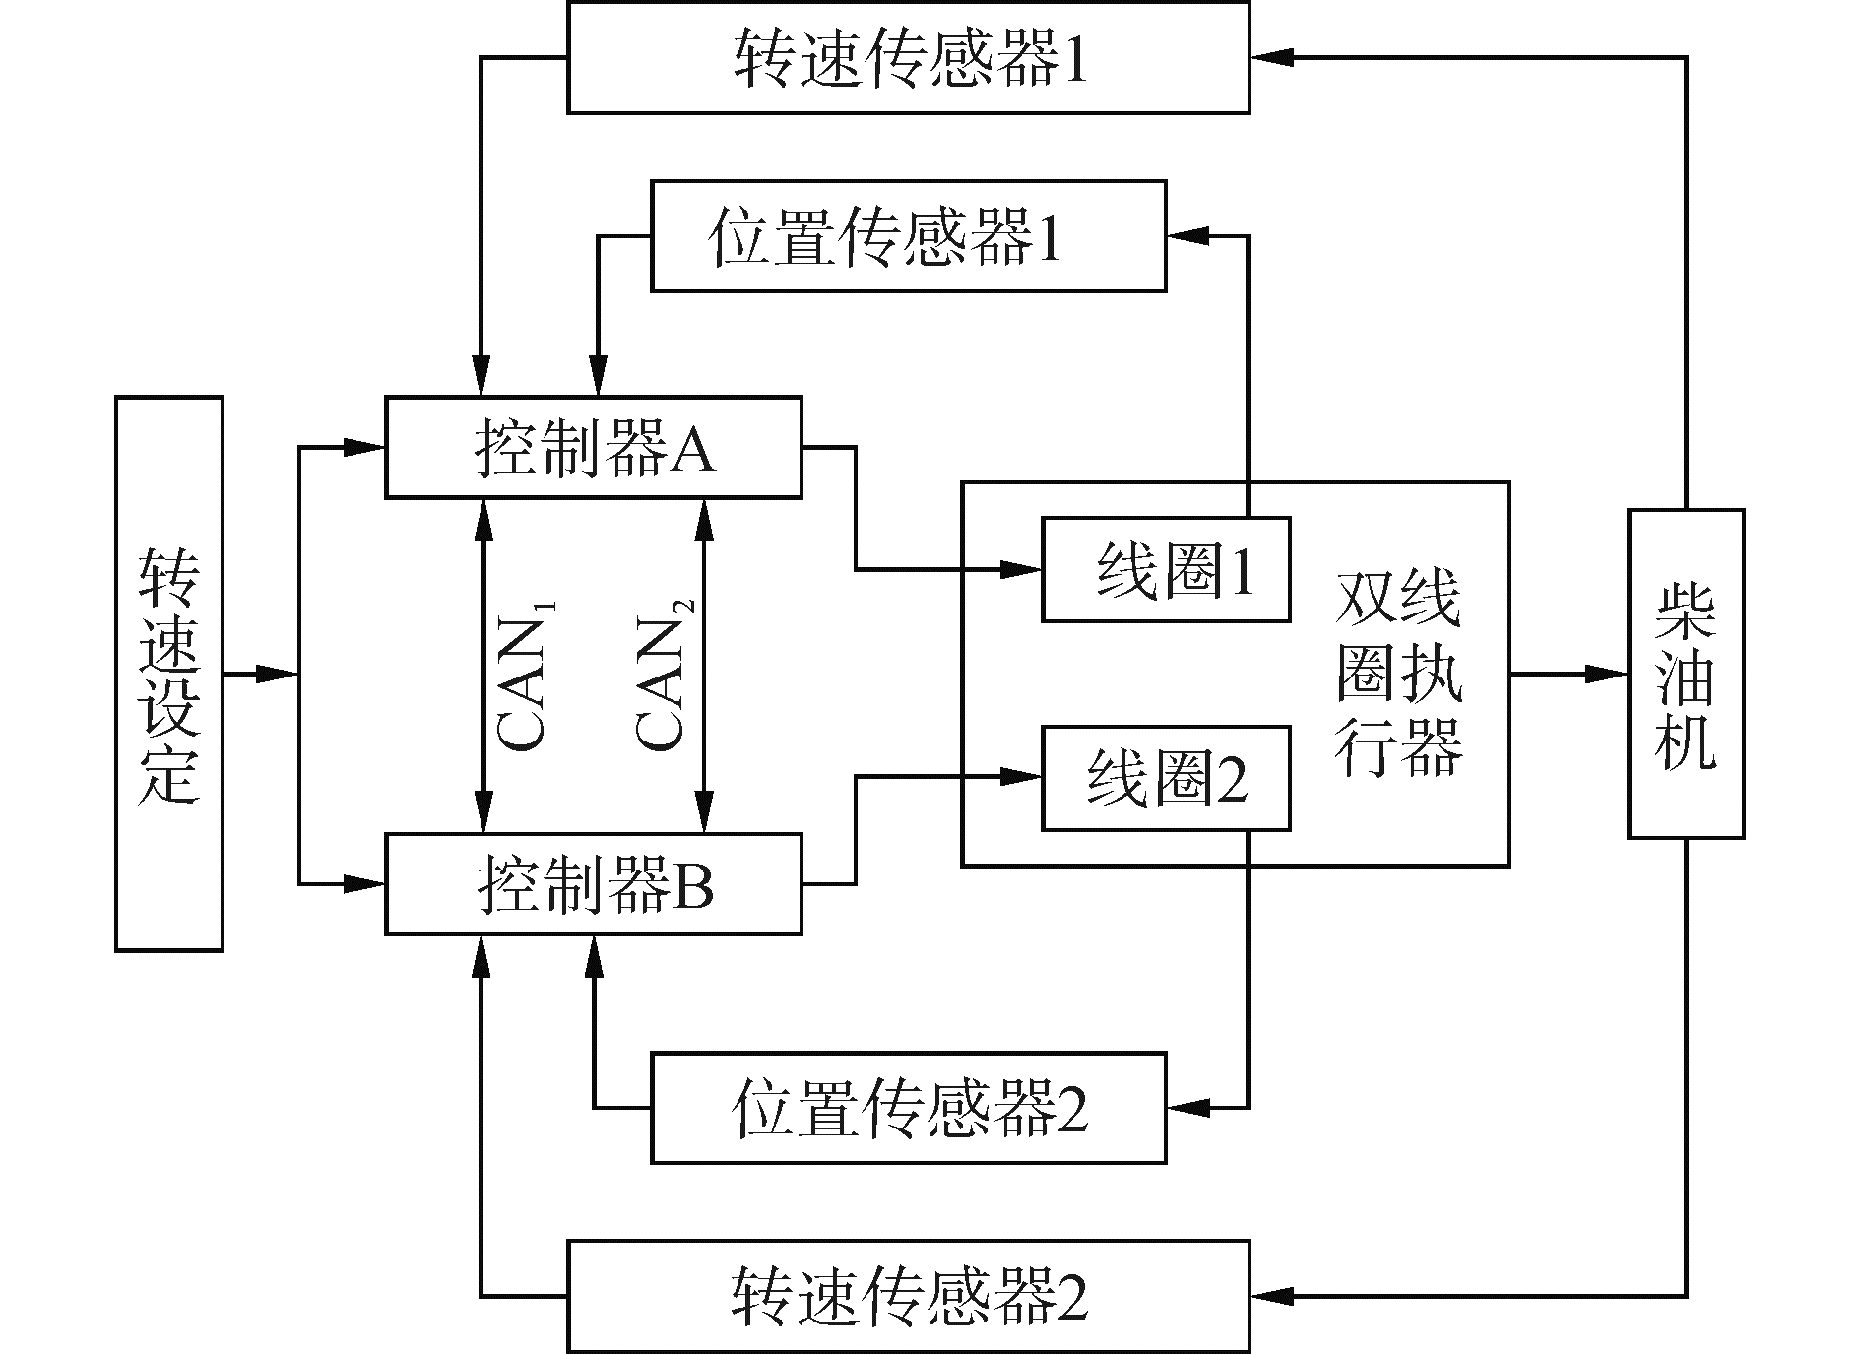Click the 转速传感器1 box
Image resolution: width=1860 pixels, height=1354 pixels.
[908, 58]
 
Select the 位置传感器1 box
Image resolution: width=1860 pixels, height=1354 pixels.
[908, 236]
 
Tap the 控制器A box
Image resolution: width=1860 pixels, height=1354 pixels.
[593, 448]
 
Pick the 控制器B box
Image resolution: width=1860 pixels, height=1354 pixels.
[593, 884]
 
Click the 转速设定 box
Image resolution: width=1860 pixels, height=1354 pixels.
[169, 674]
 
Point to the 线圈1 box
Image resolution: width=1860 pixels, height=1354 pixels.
[1166, 570]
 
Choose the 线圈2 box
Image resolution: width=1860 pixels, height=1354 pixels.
[1166, 778]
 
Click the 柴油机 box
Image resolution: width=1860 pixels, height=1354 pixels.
[1686, 674]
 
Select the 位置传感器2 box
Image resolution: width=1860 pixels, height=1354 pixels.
[908, 1108]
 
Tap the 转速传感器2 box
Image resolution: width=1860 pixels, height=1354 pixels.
[908, 1295]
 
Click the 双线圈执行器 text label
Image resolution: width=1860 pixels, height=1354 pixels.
[1398, 675]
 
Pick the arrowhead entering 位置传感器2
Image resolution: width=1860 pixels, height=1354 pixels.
[1186, 1108]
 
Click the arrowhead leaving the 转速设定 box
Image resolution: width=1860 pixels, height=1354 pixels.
[278, 674]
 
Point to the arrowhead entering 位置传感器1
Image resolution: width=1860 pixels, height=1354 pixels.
[1186, 236]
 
